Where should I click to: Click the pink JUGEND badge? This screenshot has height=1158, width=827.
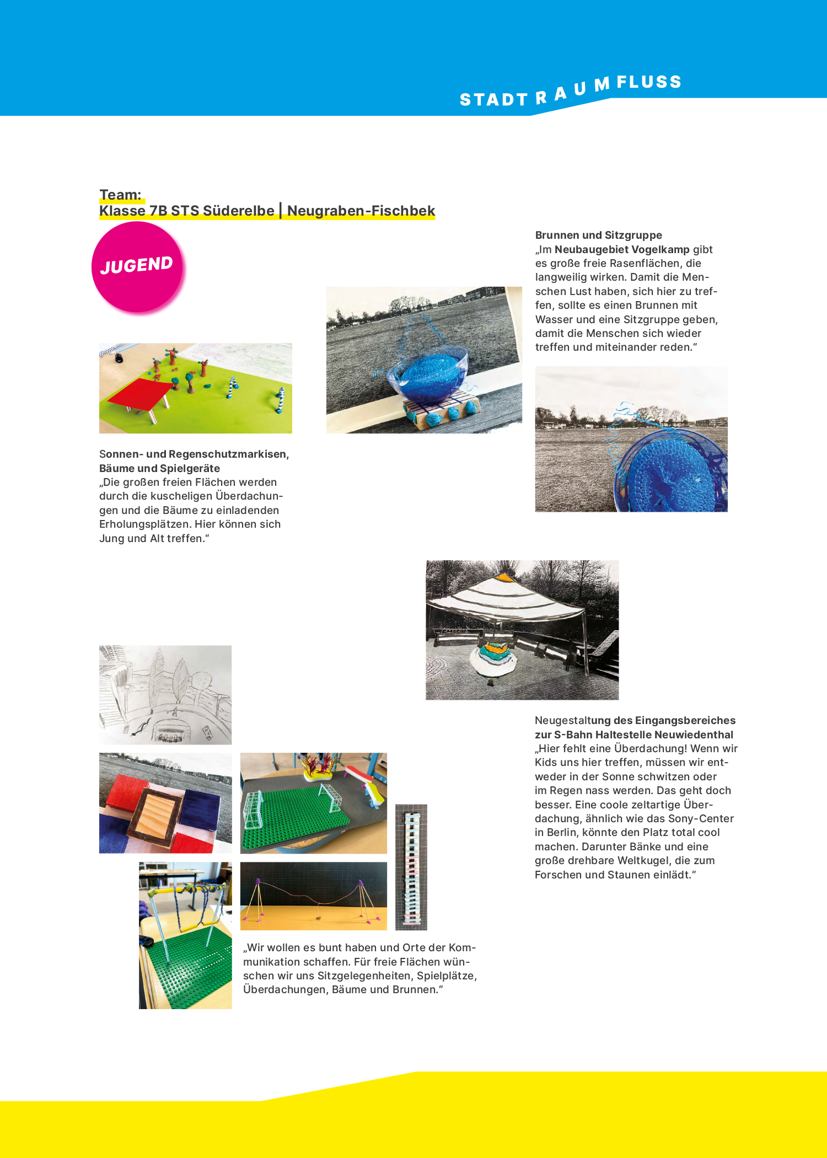pos(137,267)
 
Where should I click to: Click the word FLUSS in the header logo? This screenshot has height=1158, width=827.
pos(649,83)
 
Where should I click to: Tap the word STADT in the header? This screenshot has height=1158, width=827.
pos(493,100)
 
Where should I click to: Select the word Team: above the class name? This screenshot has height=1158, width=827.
pos(121,195)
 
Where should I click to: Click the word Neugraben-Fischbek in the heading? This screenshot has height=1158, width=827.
pos(361,211)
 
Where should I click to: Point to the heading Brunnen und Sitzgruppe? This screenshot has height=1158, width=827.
pos(598,235)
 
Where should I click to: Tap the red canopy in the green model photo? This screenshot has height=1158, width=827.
pos(142,394)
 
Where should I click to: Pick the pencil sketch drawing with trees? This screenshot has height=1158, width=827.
pos(165,695)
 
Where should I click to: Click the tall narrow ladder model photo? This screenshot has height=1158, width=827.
pos(411,867)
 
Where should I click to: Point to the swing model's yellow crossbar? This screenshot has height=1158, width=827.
pos(182,889)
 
